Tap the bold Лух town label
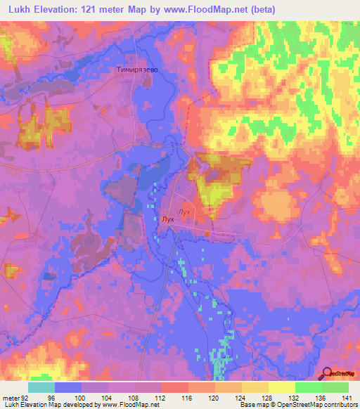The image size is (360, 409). (x=167, y=219)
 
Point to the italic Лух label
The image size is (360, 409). (x=186, y=212)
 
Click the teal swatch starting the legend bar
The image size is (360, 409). (x=41, y=387)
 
